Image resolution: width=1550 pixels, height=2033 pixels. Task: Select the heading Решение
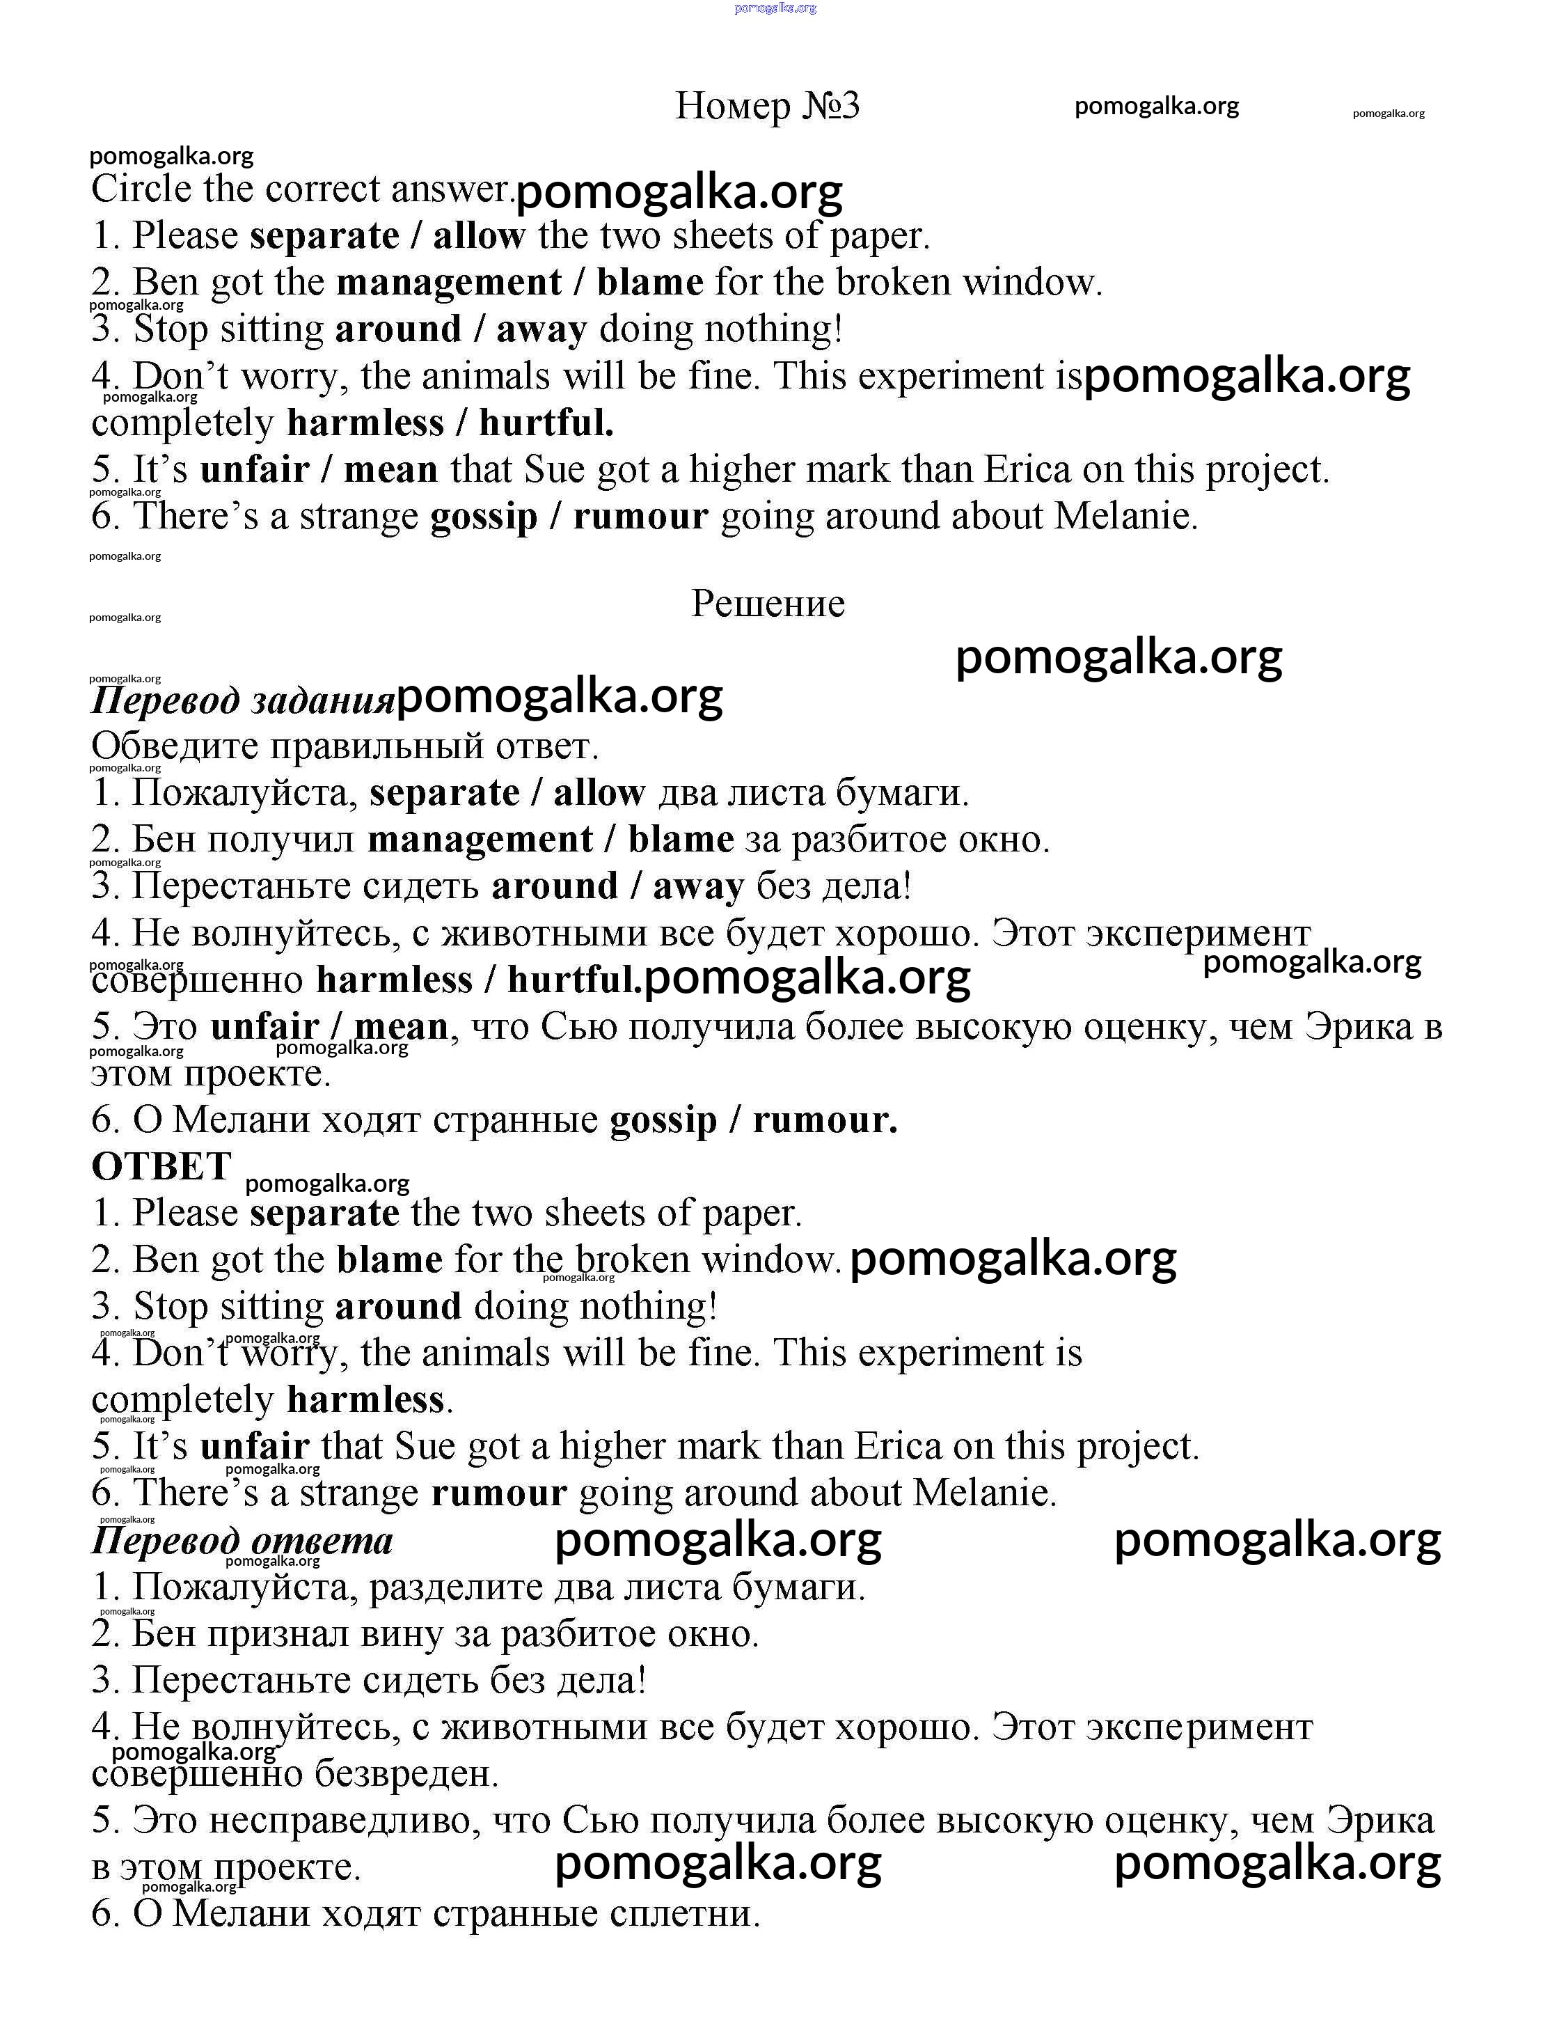tap(768, 604)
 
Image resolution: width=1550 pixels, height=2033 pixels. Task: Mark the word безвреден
tap(406, 1774)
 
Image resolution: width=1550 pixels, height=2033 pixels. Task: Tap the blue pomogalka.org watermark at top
tap(775, 8)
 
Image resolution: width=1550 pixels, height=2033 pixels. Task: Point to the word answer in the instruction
tap(452, 189)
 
